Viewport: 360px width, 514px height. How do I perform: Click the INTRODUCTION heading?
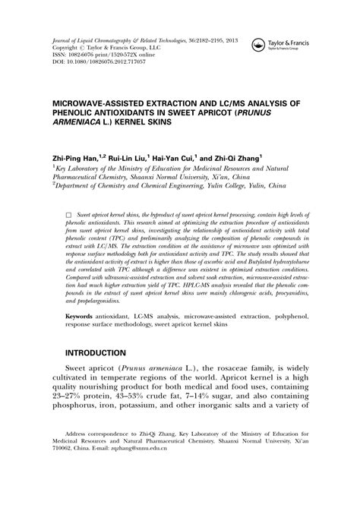tap(95, 354)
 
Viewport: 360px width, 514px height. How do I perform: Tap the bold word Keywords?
tap(83, 315)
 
